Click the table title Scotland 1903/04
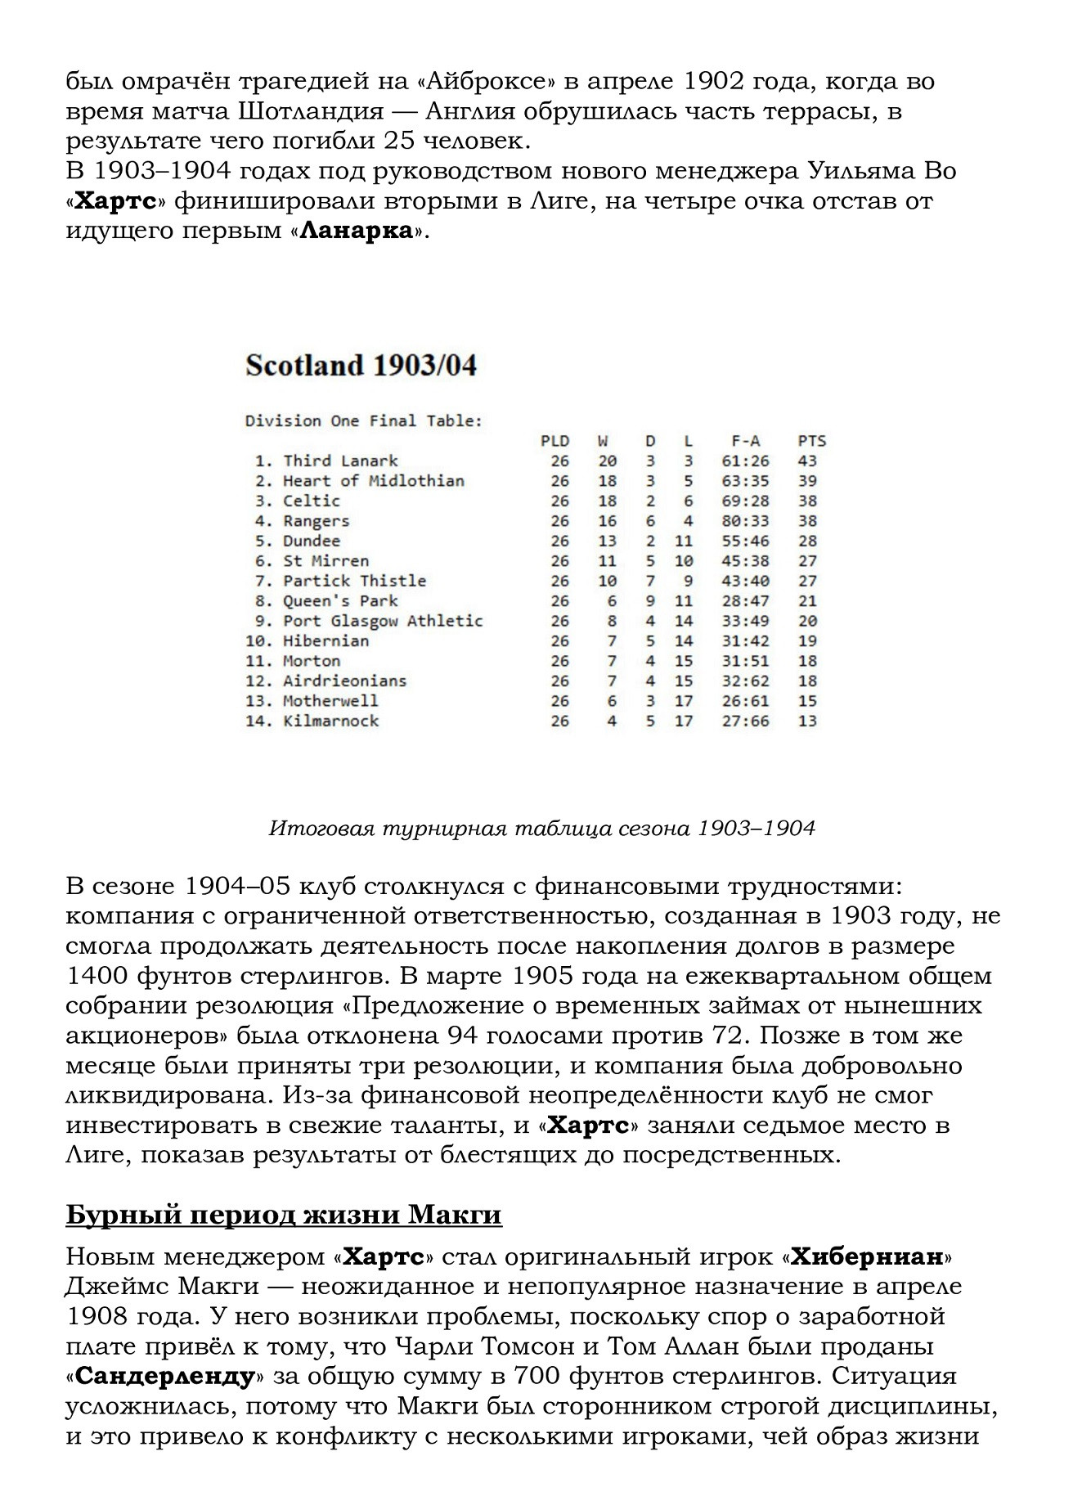pyautogui.click(x=361, y=365)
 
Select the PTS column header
pyautogui.click(x=811, y=441)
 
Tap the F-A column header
pyautogui.click(x=745, y=441)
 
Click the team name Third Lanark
pyautogui.click(x=340, y=461)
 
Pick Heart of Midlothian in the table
pyautogui.click(x=373, y=481)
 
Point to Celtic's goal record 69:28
pyautogui.click(x=745, y=501)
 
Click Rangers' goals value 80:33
pyautogui.click(x=745, y=521)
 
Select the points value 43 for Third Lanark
pyautogui.click(x=807, y=461)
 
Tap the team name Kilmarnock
pyautogui.click(x=330, y=721)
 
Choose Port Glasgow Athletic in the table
pyautogui.click(x=383, y=621)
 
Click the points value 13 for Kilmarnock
pyautogui.click(x=807, y=721)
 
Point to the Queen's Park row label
pyautogui.click(x=340, y=600)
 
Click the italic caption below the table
pyautogui.click(x=541, y=829)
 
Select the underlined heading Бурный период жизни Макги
pyautogui.click(x=283, y=1215)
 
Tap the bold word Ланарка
pyautogui.click(x=356, y=231)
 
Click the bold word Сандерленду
pyautogui.click(x=164, y=1376)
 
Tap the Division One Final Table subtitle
pyautogui.click(x=364, y=421)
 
